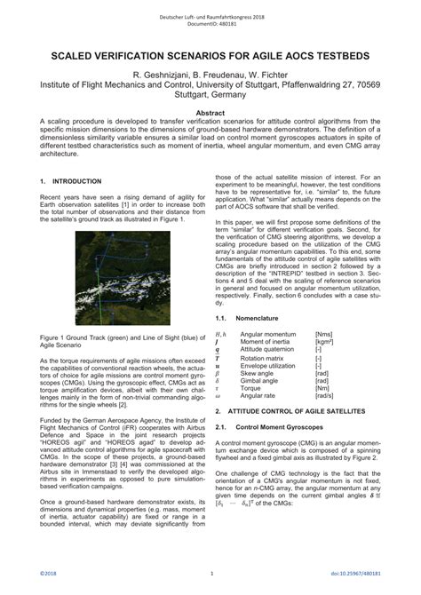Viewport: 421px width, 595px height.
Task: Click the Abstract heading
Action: (210, 114)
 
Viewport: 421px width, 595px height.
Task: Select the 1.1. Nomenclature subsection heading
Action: (249, 317)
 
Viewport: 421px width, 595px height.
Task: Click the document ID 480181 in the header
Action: (210, 24)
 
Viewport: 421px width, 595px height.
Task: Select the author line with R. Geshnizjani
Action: (210, 75)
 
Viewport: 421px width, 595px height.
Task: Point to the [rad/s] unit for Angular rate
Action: (325, 397)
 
